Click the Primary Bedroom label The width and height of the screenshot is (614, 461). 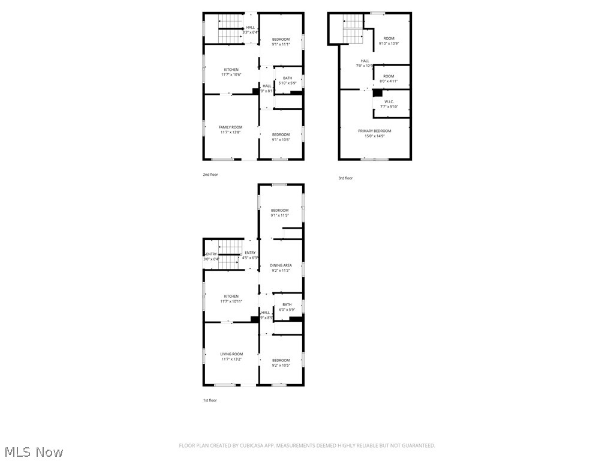pyautogui.click(x=374, y=131)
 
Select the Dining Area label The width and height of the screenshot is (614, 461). pyautogui.click(x=281, y=265)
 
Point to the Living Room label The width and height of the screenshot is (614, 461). pyautogui.click(x=231, y=354)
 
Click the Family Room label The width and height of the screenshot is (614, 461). pyautogui.click(x=230, y=127)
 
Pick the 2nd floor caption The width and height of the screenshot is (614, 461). pyautogui.click(x=210, y=175)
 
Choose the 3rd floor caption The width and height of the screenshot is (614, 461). pyautogui.click(x=345, y=178)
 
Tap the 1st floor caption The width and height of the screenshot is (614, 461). pyautogui.click(x=210, y=400)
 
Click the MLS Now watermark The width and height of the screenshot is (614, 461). pyautogui.click(x=34, y=451)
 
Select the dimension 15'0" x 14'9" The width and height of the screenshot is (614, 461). pyautogui.click(x=374, y=136)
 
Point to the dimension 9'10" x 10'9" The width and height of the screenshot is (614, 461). pyautogui.click(x=389, y=44)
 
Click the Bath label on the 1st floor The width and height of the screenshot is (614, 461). pyautogui.click(x=287, y=304)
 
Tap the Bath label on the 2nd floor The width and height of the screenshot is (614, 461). pyautogui.click(x=288, y=78)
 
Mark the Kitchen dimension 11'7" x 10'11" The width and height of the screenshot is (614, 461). pyautogui.click(x=231, y=301)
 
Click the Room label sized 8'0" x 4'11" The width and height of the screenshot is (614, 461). pyautogui.click(x=389, y=76)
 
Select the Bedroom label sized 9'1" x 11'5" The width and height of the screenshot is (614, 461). pyautogui.click(x=279, y=210)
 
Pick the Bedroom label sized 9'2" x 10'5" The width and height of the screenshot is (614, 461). pyautogui.click(x=281, y=360)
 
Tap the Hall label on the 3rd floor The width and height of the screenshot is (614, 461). pyautogui.click(x=365, y=61)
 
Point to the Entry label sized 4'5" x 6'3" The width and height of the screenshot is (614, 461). pyautogui.click(x=250, y=253)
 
